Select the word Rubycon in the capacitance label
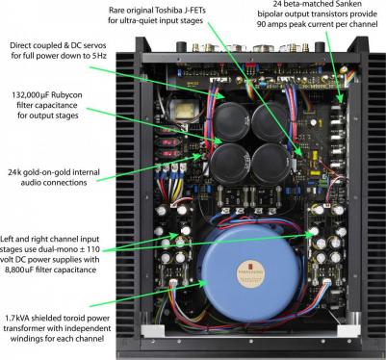tap(65, 95)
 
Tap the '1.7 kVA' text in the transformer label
tap(16, 319)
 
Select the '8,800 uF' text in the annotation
tap(19, 270)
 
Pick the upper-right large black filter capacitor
tap(270, 119)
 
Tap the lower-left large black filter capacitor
tap(228, 163)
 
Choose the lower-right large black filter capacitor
tap(271, 164)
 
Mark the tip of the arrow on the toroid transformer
tap(206, 283)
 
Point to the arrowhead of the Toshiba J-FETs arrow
tap(302, 157)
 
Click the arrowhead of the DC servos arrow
tap(225, 96)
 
